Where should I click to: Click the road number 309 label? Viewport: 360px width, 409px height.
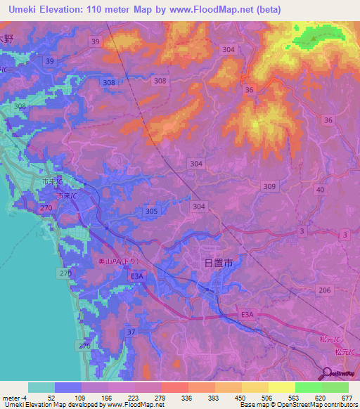[x=269, y=186]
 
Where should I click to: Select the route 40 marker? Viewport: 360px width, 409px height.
[x=321, y=190]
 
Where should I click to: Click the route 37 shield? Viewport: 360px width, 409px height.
[x=131, y=331]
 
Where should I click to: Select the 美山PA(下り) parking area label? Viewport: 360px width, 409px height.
[x=119, y=261]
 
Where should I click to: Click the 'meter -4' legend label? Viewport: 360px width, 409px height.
[x=13, y=397]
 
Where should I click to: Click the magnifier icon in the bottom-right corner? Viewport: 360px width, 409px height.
[x=328, y=373]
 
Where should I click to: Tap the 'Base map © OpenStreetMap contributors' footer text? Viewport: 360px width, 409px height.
[x=297, y=405]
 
